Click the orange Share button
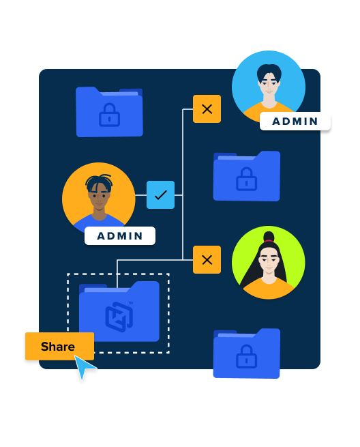(59, 346)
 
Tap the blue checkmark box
(160, 194)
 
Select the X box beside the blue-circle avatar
(207, 109)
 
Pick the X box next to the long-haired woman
(207, 260)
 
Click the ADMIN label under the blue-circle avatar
(295, 121)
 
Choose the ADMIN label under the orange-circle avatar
(120, 235)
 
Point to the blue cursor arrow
(84, 366)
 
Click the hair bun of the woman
(269, 236)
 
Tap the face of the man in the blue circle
(269, 83)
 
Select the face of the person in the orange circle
(99, 196)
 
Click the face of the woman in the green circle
(269, 261)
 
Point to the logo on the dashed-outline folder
(119, 317)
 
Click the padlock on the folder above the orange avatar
(109, 115)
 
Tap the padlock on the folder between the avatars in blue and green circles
(246, 179)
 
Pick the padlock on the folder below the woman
(246, 356)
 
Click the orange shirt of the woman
(269, 289)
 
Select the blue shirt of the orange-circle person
(98, 222)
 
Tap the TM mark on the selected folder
(131, 303)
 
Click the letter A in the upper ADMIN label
(276, 121)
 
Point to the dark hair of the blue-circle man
(269, 71)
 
